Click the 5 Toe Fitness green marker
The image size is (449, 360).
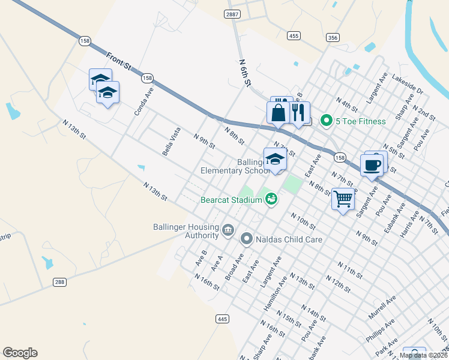[327, 121]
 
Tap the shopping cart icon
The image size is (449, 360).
[343, 198]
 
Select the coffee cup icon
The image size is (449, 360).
[372, 164]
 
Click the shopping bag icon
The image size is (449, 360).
[279, 112]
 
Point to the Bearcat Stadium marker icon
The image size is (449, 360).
[271, 199]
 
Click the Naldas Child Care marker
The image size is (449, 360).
[246, 239]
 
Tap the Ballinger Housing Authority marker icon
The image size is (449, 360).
[228, 229]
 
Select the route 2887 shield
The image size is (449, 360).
[233, 14]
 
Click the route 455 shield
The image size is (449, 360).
[294, 36]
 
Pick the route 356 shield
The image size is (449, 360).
[333, 37]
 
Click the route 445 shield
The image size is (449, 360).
[223, 319]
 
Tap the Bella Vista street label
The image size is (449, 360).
[171, 141]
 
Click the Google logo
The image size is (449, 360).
[20, 352]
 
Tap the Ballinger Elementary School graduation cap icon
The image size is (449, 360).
[275, 160]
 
